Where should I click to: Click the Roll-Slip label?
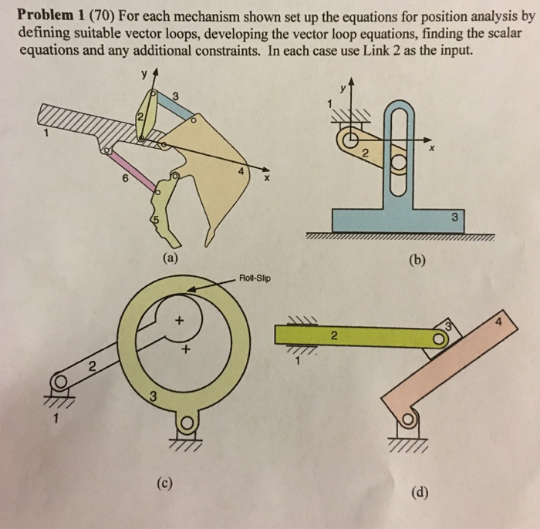pyautogui.click(x=255, y=278)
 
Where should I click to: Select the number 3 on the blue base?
pyautogui.click(x=456, y=217)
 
